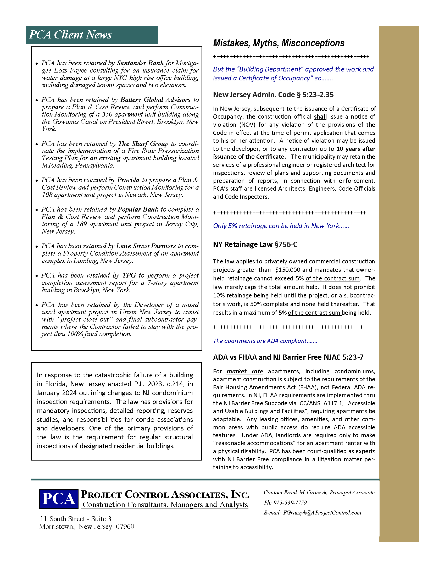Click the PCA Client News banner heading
(70, 35)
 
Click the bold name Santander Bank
(140, 63)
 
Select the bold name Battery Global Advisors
(155, 100)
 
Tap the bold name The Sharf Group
(143, 144)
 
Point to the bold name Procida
(128, 180)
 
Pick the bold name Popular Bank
(138, 209)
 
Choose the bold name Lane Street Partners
(146, 246)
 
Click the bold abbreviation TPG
(129, 275)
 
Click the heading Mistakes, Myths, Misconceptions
(279, 43)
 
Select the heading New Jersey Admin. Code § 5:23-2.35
(273, 95)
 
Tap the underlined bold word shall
(320, 117)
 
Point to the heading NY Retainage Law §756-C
(255, 245)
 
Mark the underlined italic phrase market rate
(244, 371)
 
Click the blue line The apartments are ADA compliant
(265, 341)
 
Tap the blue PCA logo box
(59, 499)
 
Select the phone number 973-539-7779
(290, 503)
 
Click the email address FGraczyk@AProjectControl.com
(322, 513)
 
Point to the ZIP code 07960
(125, 527)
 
